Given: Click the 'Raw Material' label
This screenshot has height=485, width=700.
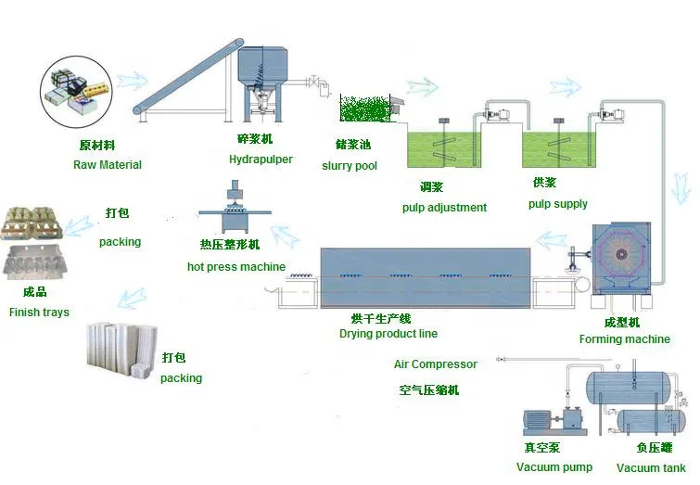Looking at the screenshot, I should pos(108,165).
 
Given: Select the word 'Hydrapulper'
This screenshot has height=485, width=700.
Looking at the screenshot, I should pos(261,160).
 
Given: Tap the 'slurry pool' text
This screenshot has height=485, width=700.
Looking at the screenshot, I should pos(350,166).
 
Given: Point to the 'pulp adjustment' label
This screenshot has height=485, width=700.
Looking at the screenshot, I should pos(444,207).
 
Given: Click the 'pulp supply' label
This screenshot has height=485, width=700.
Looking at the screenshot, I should pos(558,204).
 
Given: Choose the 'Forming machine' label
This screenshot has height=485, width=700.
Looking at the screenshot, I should pos(624,339).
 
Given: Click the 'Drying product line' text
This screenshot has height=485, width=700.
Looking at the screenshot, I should pos(388,334).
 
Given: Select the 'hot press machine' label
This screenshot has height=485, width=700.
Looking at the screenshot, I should pos(236,267).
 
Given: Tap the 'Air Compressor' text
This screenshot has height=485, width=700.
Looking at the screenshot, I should pos(436,364).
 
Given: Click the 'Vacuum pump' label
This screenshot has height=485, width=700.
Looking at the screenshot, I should pos(554,467).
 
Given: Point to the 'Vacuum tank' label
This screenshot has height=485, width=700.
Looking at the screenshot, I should pos(651,467).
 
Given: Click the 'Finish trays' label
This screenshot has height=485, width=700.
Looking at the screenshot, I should pos(39,313).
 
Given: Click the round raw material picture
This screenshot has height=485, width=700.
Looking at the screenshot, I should pos(75,91).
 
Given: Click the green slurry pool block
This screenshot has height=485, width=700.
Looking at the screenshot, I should pos(365,108).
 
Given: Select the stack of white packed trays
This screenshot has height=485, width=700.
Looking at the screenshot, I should pos(120,351).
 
